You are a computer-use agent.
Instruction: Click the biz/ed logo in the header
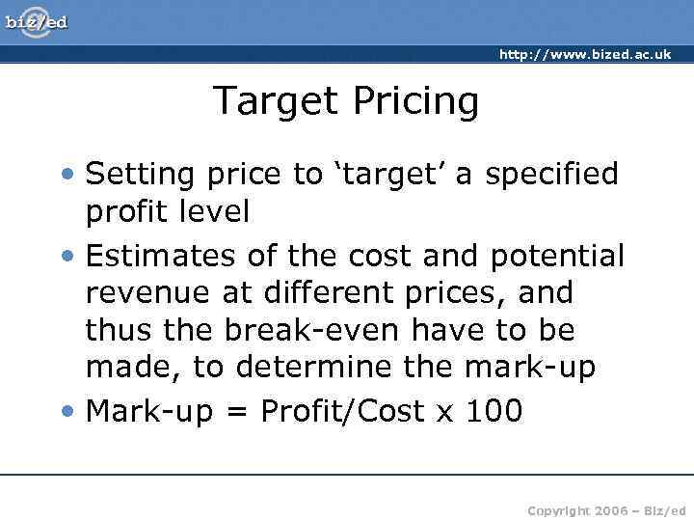tap(36, 20)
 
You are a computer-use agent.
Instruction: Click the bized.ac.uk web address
tap(585, 55)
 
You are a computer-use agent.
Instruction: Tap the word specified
tap(551, 175)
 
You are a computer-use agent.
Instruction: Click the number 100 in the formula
tap(494, 412)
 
